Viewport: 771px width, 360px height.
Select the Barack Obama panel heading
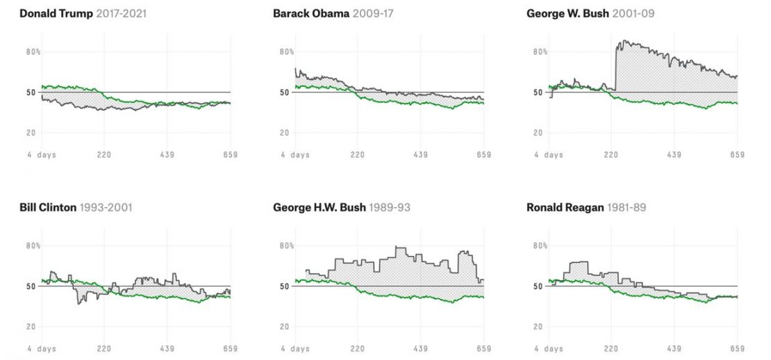pyautogui.click(x=310, y=13)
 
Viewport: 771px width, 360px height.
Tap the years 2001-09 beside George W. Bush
pyautogui.click(x=633, y=13)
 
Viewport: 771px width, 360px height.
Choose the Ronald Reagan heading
pyautogui.click(x=565, y=207)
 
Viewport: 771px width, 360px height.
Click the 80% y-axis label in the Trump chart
pyautogui.click(x=34, y=51)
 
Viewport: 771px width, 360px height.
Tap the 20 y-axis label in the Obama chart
pyautogui.click(x=285, y=133)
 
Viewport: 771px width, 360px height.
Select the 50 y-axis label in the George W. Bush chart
pyautogui.click(x=538, y=92)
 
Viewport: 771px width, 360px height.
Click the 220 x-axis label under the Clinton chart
pyautogui.click(x=104, y=348)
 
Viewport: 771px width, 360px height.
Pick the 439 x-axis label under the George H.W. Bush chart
pyautogui.click(x=420, y=348)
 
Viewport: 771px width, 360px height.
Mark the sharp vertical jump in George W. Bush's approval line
pyautogui.click(x=615, y=66)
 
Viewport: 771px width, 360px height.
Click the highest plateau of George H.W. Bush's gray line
pyautogui.click(x=399, y=247)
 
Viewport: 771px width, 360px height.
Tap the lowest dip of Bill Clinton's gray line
pyautogui.click(x=78, y=303)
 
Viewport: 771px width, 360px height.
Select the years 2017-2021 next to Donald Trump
pyautogui.click(x=121, y=13)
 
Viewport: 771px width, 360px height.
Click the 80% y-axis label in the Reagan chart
pyautogui.click(x=540, y=245)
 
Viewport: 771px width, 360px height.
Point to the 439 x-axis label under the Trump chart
pyautogui.click(x=167, y=154)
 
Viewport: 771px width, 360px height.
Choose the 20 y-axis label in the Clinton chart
pyautogui.click(x=32, y=327)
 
